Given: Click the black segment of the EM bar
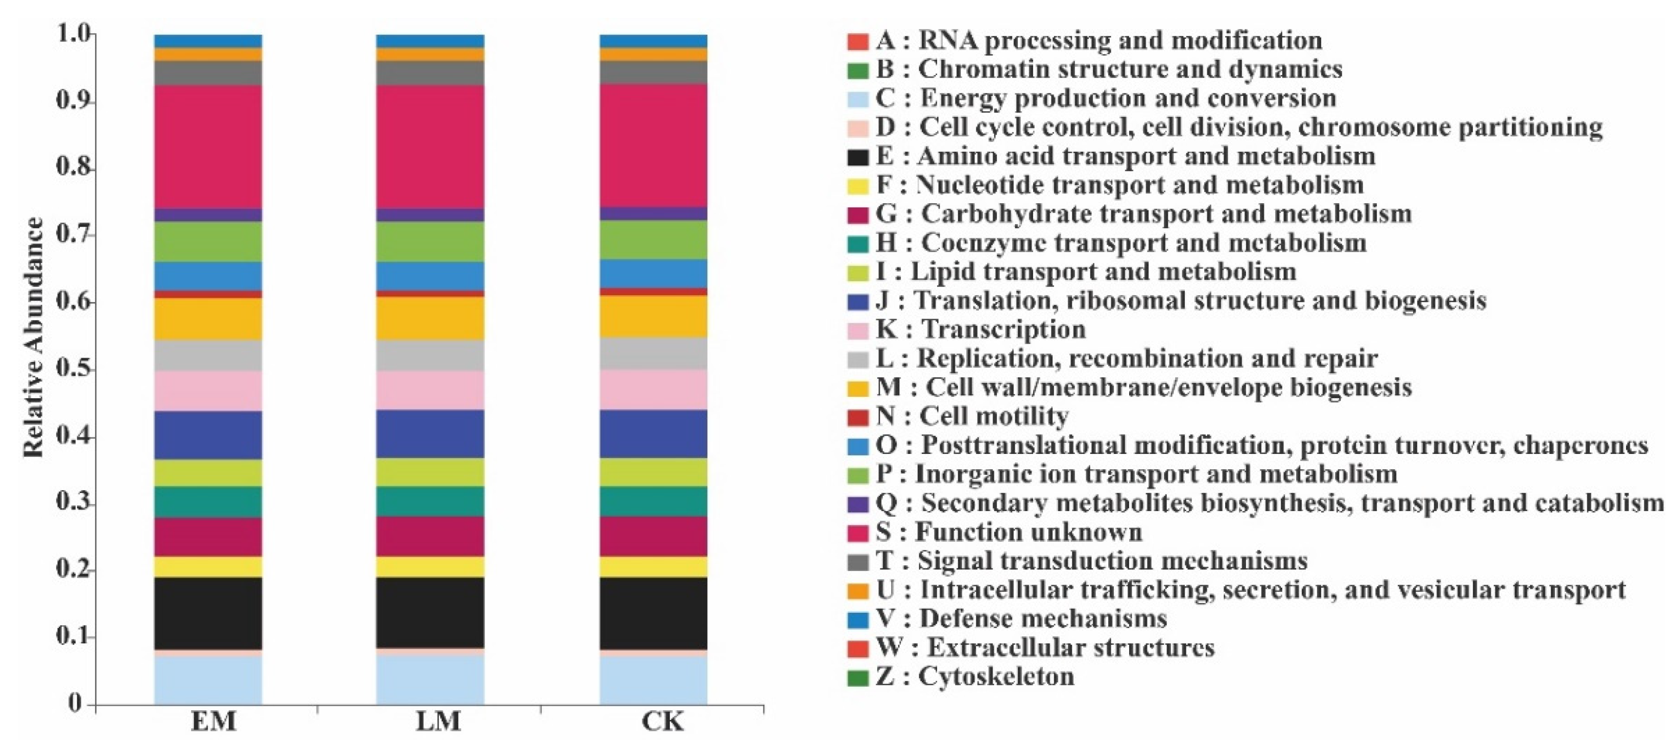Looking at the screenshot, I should pyautogui.click(x=208, y=613).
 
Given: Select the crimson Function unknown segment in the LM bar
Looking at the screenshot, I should pyautogui.click(x=430, y=147).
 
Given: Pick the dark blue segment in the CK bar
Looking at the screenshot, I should pyautogui.click(x=653, y=434).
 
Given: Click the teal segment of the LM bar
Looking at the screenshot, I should pyautogui.click(x=430, y=501).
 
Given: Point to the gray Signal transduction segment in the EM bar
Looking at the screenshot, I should pyautogui.click(x=208, y=73).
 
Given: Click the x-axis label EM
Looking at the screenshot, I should pyautogui.click(x=213, y=722).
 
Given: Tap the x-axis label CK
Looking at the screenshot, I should pyautogui.click(x=662, y=722).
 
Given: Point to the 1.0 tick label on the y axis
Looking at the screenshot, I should pyautogui.click(x=72, y=34).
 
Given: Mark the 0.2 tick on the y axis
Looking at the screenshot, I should pyautogui.click(x=72, y=570).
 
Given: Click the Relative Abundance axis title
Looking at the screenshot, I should pyautogui.click(x=34, y=338).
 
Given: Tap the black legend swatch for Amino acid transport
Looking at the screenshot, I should pyautogui.click(x=858, y=157).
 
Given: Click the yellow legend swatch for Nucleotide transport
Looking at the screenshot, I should pyautogui.click(x=858, y=186).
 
